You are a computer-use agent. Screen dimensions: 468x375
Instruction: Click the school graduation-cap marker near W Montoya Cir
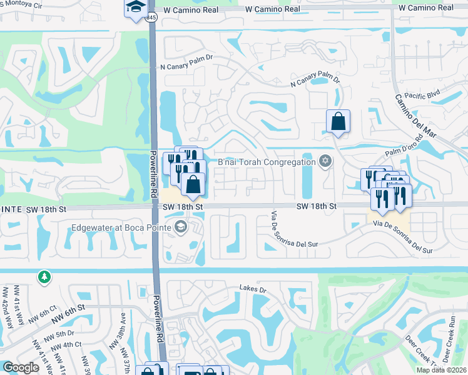[x=135, y=8]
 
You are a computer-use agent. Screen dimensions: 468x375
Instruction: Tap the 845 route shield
[x=152, y=18]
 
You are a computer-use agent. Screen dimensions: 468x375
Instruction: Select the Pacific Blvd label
[x=423, y=95]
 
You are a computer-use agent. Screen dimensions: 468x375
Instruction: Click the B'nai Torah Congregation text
[x=266, y=162]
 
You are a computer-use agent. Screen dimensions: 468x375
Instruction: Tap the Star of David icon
[x=324, y=162]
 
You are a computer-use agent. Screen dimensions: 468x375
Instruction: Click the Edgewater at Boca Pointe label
[x=122, y=227]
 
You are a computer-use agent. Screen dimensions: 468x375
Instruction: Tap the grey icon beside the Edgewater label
[x=181, y=226]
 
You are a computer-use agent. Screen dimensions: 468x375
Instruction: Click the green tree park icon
[x=43, y=276]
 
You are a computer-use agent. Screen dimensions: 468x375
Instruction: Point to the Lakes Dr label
[x=253, y=289]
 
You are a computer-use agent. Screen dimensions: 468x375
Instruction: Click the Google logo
[x=21, y=367]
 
